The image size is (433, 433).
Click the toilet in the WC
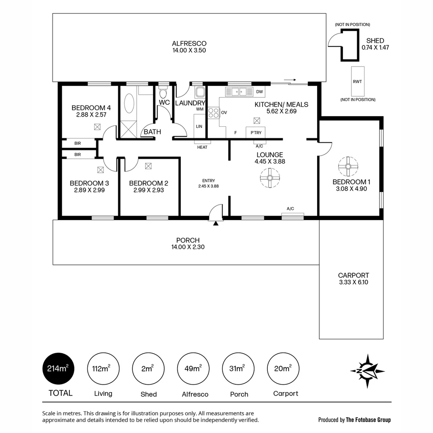click(x=163, y=92)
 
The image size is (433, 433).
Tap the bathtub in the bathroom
click(x=129, y=103)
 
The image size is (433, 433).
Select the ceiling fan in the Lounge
click(x=270, y=178)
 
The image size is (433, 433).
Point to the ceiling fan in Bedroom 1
click(x=348, y=166)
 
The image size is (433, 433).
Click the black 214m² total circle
click(x=58, y=369)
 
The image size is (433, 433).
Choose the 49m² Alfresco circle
click(x=193, y=369)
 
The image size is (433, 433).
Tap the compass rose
click(x=368, y=371)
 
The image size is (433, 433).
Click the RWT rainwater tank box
click(x=358, y=81)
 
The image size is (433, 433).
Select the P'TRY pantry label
click(x=256, y=133)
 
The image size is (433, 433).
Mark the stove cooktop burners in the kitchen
click(x=214, y=113)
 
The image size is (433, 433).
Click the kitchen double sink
click(x=239, y=92)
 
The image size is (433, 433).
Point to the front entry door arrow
click(x=216, y=223)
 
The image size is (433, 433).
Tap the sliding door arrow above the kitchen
click(x=290, y=80)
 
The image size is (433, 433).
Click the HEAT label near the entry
click(x=202, y=147)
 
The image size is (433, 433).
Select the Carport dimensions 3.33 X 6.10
click(x=354, y=282)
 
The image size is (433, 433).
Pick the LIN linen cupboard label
click(x=199, y=126)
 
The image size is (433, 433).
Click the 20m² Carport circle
click(x=283, y=369)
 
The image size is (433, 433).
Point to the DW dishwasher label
click(x=259, y=92)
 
